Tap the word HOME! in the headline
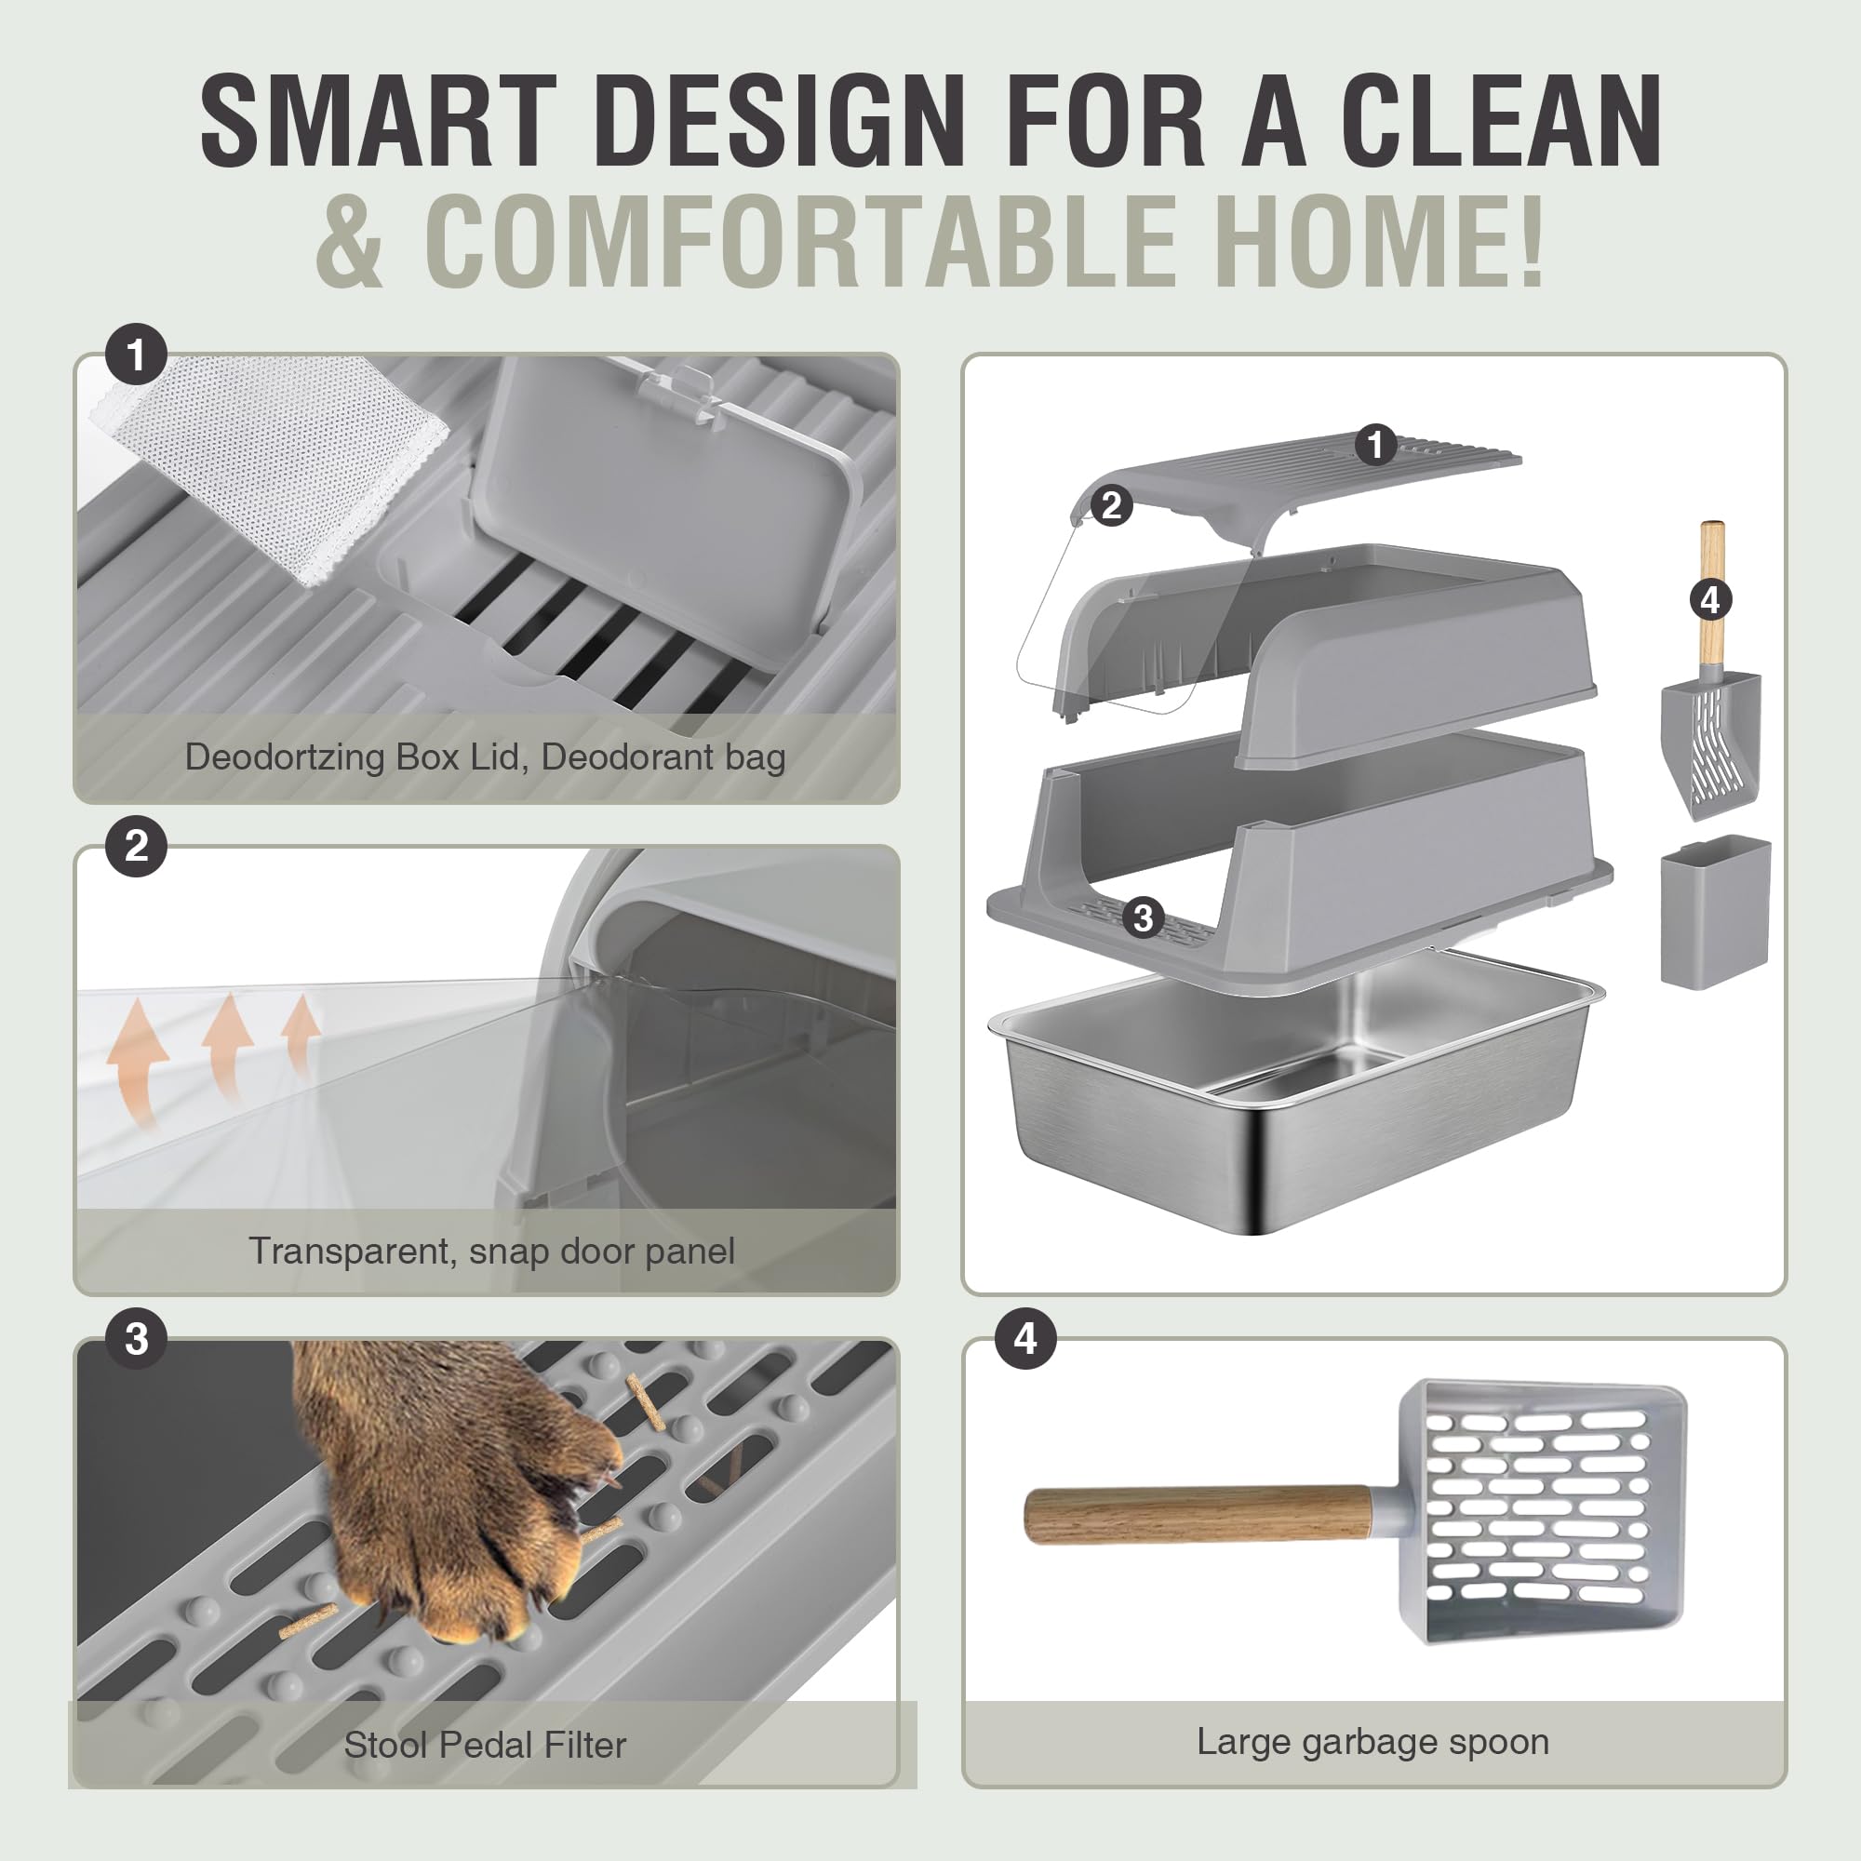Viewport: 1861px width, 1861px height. click(1377, 240)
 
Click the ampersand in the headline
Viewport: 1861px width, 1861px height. click(350, 240)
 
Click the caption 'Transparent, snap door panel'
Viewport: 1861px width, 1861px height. click(491, 1252)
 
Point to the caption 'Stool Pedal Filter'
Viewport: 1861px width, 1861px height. click(485, 1745)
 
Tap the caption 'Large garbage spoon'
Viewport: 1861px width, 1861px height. click(1372, 1741)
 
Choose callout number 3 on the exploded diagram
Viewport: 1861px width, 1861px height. click(1144, 917)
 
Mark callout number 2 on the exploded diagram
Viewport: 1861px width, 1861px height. click(1112, 504)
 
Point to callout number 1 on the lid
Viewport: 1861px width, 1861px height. click(1375, 444)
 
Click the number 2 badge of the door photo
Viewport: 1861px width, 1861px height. click(137, 847)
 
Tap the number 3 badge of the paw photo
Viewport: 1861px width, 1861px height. click(137, 1339)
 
